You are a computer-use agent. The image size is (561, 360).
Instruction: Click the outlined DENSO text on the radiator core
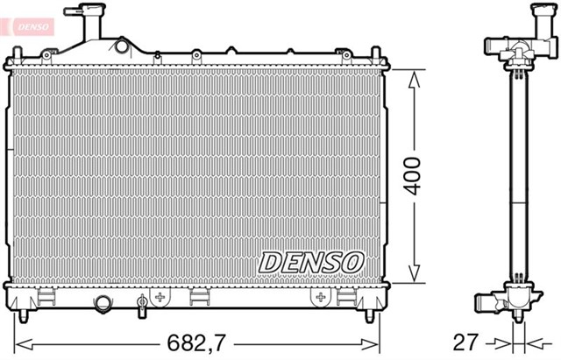pos(310,261)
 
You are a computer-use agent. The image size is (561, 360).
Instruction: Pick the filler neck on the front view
pos(89,23)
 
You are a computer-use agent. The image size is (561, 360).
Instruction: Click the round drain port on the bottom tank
pos(104,303)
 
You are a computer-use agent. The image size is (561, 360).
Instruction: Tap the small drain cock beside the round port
pos(141,304)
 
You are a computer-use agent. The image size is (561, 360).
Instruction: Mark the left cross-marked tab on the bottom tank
pos(160,298)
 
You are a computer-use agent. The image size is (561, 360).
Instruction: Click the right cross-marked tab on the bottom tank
pos(318,298)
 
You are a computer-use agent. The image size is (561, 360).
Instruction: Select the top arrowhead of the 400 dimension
pos(412,77)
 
